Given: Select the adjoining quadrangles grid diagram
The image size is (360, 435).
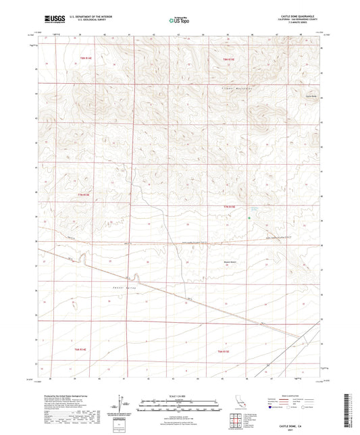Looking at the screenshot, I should point(234,421).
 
